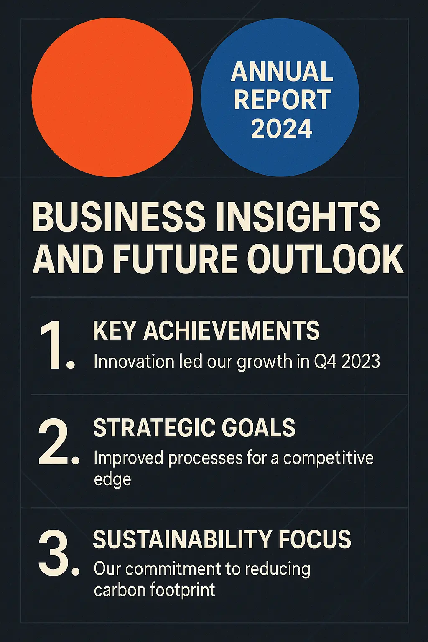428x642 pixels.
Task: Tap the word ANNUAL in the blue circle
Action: point(282,71)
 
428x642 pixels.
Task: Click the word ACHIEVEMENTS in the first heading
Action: point(232,330)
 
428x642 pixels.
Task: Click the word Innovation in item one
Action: point(134,362)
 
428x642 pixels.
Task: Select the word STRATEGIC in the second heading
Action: point(155,427)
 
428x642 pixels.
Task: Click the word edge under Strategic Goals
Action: point(112,479)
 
